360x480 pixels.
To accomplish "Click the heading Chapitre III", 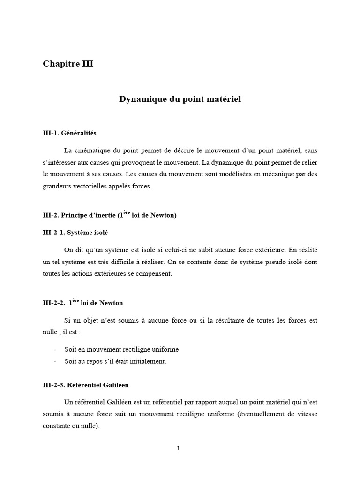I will coord(68,64).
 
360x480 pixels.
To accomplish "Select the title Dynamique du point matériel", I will coord(180,99).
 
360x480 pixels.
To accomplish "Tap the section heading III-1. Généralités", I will coord(69,133).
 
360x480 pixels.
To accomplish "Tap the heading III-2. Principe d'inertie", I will coord(109,215).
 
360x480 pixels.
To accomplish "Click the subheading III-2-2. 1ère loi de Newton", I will coord(82,303).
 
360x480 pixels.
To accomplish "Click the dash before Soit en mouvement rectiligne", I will coord(55,350).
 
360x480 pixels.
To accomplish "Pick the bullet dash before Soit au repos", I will coord(55,361).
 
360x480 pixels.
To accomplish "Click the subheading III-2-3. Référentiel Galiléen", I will coord(85,385).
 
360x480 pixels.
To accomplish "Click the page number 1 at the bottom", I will coord(178,448).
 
